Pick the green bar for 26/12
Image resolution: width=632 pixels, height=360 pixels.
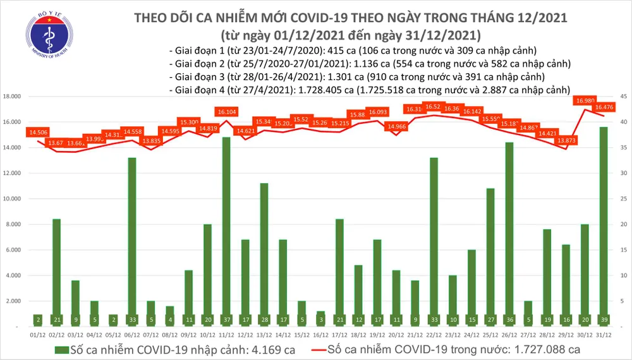pyautogui.click(x=509, y=234)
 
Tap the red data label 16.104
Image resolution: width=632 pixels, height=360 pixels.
pyautogui.click(x=226, y=112)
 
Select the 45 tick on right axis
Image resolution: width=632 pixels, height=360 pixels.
pyautogui.click(x=623, y=97)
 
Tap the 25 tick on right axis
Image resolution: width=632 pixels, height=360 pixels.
pyautogui.click(x=623, y=199)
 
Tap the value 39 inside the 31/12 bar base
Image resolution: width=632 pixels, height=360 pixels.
pyautogui.click(x=604, y=320)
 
